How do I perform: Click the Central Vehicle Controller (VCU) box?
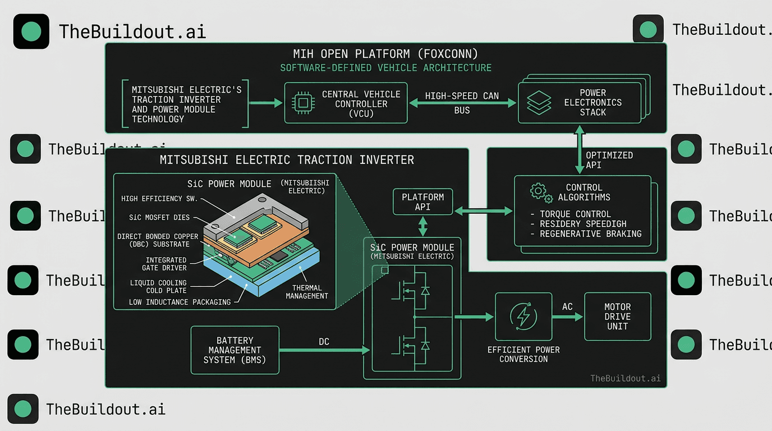tap(346, 103)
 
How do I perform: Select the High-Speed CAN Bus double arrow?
tap(462, 103)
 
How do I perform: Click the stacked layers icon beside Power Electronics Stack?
tap(539, 103)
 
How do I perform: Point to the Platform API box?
tap(423, 202)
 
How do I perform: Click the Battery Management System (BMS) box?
tap(235, 350)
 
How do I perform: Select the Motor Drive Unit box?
tap(617, 317)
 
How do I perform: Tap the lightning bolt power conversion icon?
tap(523, 317)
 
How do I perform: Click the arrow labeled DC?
tap(324, 350)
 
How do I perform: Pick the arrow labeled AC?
tap(567, 317)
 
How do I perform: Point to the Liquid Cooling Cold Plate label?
tap(158, 287)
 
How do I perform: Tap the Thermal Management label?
tap(307, 292)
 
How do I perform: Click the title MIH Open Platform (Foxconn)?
tap(385, 54)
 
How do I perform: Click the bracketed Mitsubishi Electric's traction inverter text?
tap(185, 104)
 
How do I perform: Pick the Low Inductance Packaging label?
tap(180, 302)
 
